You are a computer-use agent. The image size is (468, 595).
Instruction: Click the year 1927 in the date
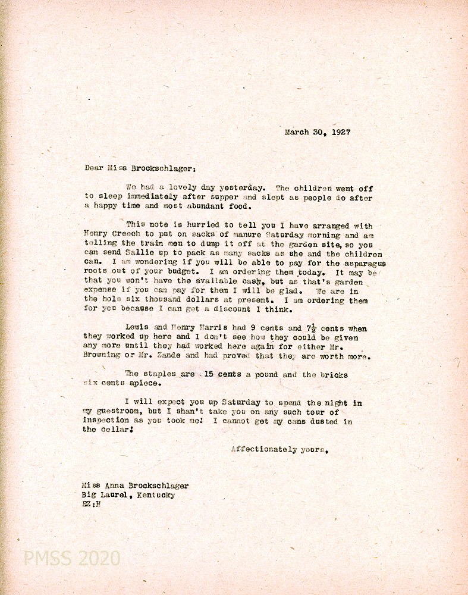(x=341, y=133)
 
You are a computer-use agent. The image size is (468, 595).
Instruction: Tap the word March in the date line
(x=297, y=133)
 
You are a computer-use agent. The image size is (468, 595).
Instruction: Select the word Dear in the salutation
(x=95, y=168)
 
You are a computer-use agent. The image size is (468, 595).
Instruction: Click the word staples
(x=159, y=375)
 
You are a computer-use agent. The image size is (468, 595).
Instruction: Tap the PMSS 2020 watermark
(x=72, y=559)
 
